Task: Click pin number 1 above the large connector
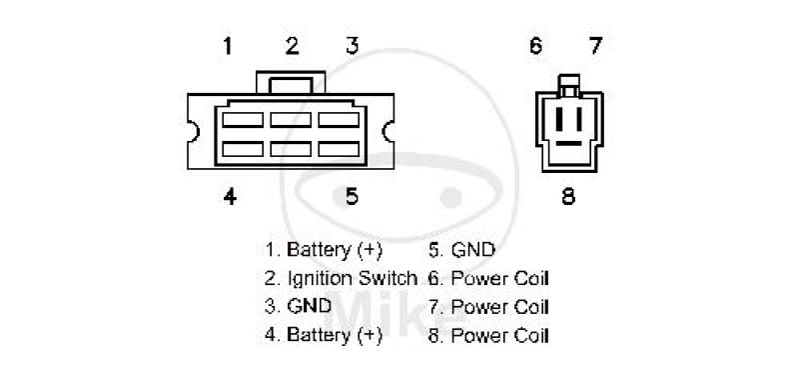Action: click(228, 46)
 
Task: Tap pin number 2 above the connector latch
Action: click(292, 46)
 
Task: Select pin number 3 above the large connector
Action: click(353, 46)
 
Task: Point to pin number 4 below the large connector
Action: click(230, 196)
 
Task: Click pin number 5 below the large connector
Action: click(353, 196)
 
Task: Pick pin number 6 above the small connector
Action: click(535, 46)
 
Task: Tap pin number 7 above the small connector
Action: click(595, 46)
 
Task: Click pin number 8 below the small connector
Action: click(568, 196)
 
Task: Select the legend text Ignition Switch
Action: click(353, 279)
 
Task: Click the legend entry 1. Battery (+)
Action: click(323, 250)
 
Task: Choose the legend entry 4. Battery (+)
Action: click(323, 335)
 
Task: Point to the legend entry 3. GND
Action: click(298, 306)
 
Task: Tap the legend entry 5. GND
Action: click(461, 250)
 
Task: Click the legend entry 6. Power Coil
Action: click(488, 279)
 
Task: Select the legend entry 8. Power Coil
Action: click(488, 336)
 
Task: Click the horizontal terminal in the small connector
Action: click(568, 143)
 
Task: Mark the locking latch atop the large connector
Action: click(291, 83)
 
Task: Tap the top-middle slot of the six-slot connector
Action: click(291, 120)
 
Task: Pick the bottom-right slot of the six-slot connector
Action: click(339, 149)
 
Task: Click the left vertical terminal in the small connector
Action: click(559, 119)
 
